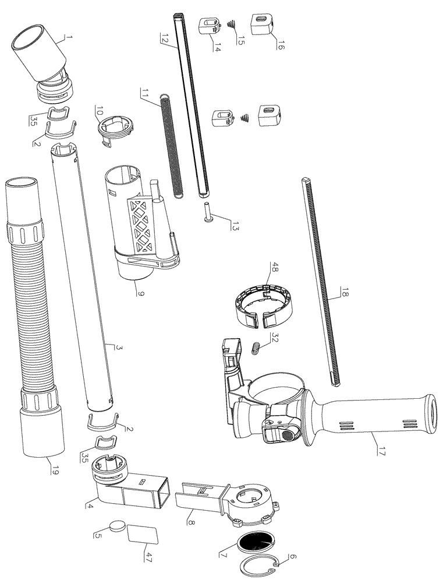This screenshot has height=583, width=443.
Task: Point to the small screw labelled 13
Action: tap(208, 212)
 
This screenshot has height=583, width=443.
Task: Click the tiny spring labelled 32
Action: tap(254, 349)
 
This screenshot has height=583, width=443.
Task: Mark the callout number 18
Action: tap(343, 297)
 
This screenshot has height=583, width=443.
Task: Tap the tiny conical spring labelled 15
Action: tap(232, 24)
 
